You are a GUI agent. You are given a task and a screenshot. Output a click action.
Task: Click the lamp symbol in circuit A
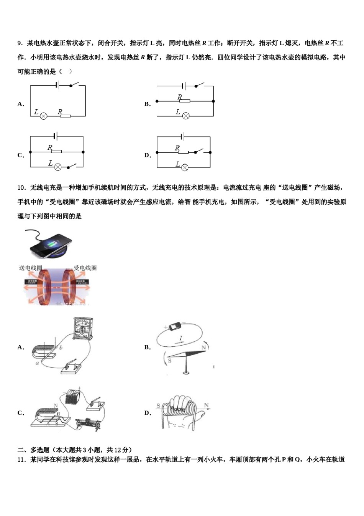[x=44, y=116]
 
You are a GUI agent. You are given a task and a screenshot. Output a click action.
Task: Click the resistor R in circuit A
[x=65, y=116]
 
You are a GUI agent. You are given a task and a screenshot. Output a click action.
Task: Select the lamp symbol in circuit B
[x=186, y=116]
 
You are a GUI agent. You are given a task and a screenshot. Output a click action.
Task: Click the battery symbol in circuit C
[x=56, y=136]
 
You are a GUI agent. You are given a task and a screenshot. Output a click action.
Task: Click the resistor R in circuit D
[x=183, y=152]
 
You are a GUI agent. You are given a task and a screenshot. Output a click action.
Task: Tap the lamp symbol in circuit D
[x=185, y=167]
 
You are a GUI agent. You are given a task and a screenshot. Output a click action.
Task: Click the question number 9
[x=20, y=43]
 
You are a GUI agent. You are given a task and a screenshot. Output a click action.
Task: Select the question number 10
[x=22, y=188]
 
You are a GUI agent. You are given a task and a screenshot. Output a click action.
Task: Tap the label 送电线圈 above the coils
[x=31, y=268]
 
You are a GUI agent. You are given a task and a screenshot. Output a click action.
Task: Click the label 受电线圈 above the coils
[x=85, y=268]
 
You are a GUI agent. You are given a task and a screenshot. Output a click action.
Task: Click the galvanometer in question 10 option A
[x=83, y=329]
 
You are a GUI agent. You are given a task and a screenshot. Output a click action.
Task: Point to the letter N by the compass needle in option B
[x=203, y=347]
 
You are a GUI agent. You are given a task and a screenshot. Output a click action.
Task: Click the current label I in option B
[x=181, y=338]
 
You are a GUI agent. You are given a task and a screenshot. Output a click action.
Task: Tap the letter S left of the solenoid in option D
[x=158, y=405]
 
